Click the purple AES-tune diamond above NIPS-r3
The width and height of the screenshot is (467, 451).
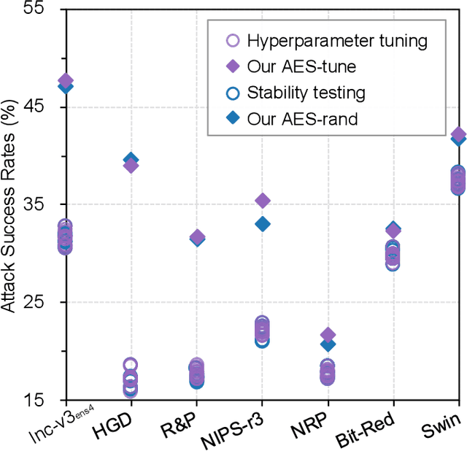[262, 201]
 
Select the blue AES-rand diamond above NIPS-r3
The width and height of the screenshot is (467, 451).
[262, 224]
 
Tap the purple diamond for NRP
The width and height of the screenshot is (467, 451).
[328, 334]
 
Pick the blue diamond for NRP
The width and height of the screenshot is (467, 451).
[328, 344]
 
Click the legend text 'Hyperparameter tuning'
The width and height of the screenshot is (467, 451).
[336, 41]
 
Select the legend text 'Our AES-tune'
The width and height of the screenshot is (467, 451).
[301, 66]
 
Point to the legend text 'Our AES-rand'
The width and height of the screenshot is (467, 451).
[302, 117]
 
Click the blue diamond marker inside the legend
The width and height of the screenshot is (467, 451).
[231, 117]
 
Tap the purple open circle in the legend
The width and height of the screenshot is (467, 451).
[231, 41]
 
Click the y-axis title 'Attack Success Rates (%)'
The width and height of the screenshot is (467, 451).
[9, 204]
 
